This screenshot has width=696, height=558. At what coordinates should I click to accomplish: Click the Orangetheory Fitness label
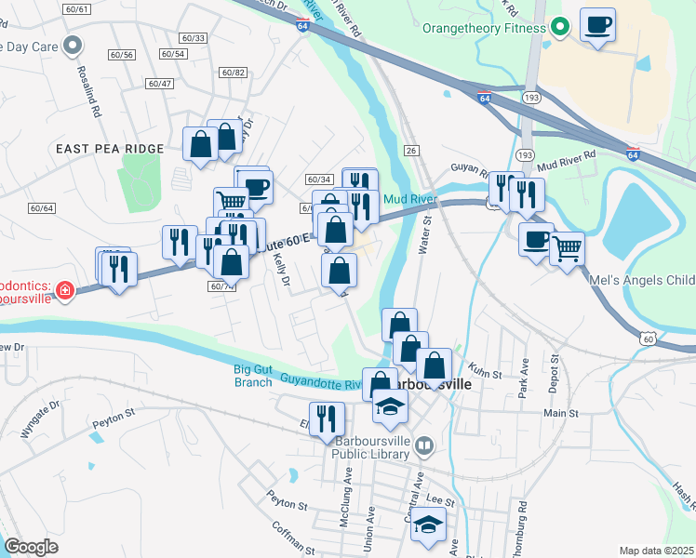(x=483, y=28)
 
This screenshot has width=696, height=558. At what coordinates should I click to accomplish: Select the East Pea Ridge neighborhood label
(x=110, y=149)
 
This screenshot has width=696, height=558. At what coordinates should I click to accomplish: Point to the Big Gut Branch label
(x=253, y=376)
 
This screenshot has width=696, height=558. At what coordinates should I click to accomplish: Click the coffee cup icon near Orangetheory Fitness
(x=597, y=25)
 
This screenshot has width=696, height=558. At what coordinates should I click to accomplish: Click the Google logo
(x=31, y=547)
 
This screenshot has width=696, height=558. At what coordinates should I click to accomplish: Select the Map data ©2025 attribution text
(x=656, y=551)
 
